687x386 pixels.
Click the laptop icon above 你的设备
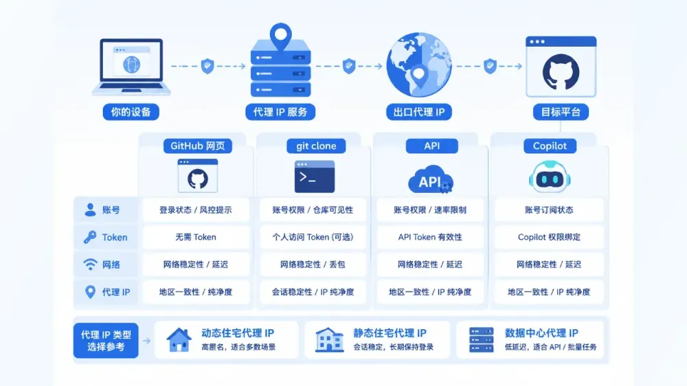point(131,67)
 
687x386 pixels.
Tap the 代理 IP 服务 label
point(280,112)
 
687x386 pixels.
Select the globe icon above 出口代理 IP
point(419,65)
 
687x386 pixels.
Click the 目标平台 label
point(561,112)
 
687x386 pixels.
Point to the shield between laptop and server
point(207,66)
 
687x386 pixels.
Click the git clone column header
point(316,146)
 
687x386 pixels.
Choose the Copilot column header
point(550,146)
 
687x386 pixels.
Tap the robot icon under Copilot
point(550,177)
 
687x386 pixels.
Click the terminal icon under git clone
point(315,177)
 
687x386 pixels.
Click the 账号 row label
point(111,210)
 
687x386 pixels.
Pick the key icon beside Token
point(90,237)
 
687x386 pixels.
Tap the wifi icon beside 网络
point(90,264)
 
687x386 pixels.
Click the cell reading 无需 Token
point(196,237)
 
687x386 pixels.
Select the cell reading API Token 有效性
point(430,237)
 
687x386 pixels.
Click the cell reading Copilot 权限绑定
point(549,237)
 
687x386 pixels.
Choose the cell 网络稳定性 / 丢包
point(313,264)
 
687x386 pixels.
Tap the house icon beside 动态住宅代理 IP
point(179,339)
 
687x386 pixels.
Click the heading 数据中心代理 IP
point(541,333)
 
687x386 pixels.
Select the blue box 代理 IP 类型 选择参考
point(106,341)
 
